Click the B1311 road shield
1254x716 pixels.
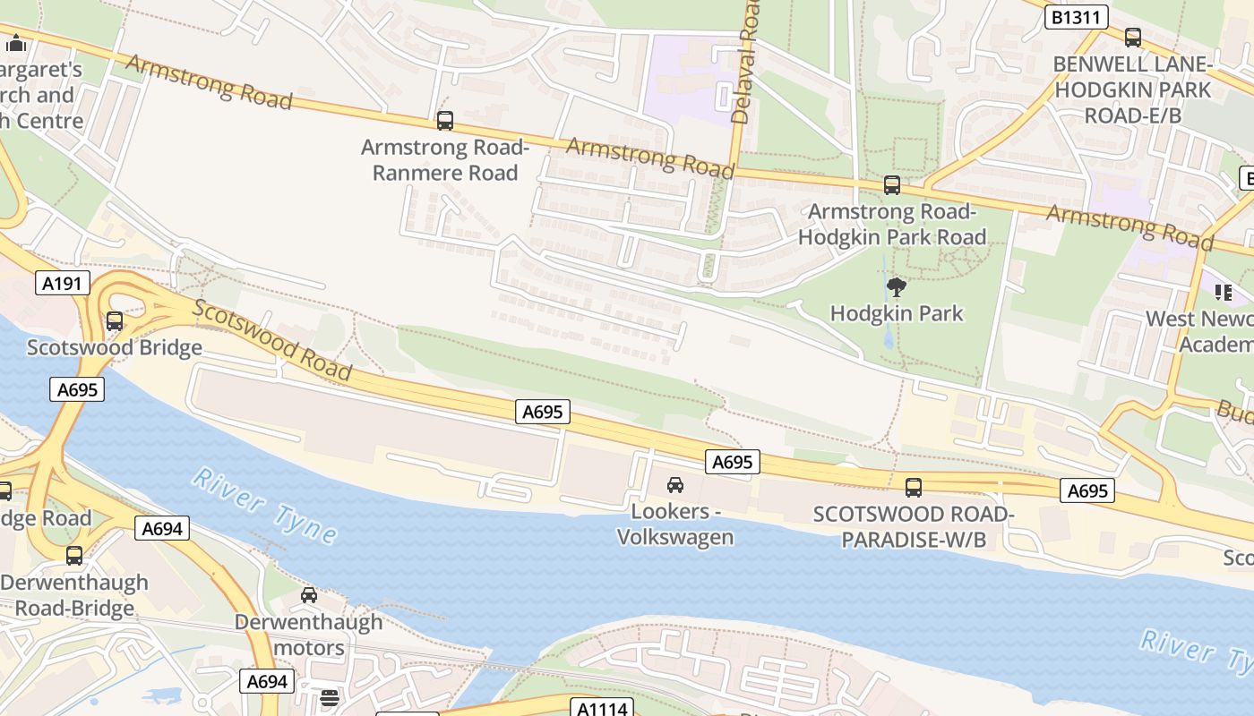point(1077,17)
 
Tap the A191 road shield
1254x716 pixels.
point(64,284)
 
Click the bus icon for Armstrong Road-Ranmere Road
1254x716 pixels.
point(445,120)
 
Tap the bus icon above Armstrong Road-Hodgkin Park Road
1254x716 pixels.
point(892,184)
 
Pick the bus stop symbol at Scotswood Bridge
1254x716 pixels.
point(115,321)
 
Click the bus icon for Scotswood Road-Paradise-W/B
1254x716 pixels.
point(914,488)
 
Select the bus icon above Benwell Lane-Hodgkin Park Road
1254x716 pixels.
point(1133,38)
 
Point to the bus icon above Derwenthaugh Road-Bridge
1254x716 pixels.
point(74,556)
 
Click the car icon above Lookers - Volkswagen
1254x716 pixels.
point(675,485)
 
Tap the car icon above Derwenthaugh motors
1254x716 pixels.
point(309,595)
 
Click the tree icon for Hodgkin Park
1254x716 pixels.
point(896,287)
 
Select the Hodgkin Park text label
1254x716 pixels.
point(897,313)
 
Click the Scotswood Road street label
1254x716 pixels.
point(271,341)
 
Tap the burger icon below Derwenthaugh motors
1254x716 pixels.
point(330,697)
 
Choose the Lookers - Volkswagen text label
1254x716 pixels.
point(675,524)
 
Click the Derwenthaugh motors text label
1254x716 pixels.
point(309,634)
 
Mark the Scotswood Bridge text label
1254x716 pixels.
point(115,347)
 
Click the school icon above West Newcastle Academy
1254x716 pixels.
point(1223,292)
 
